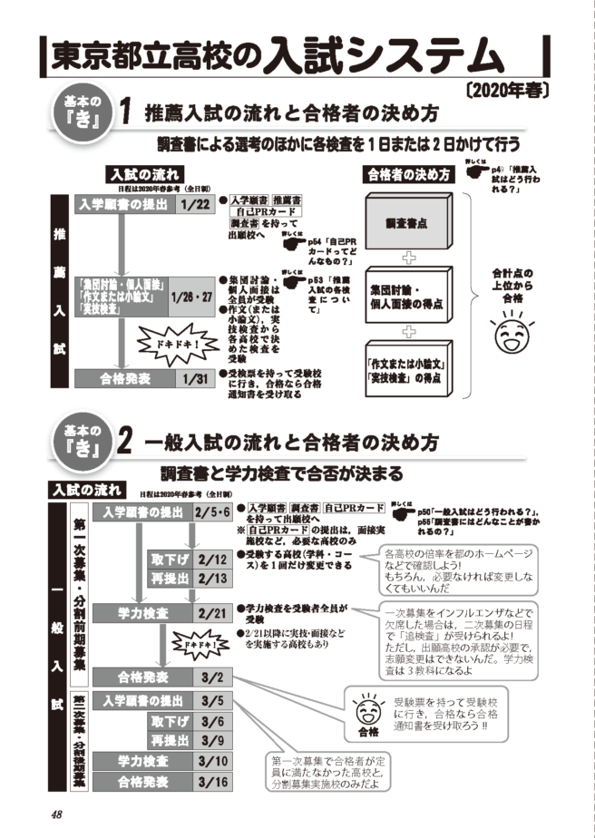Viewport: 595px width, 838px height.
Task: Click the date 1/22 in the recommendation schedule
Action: pos(195,205)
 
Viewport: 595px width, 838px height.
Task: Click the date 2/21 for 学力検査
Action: pos(211,613)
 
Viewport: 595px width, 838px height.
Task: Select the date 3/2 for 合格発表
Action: pos(211,677)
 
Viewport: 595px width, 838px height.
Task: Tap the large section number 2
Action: pos(126,443)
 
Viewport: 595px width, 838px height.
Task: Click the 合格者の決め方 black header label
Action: pos(408,174)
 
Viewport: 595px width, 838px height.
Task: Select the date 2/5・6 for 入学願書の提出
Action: pos(211,513)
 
